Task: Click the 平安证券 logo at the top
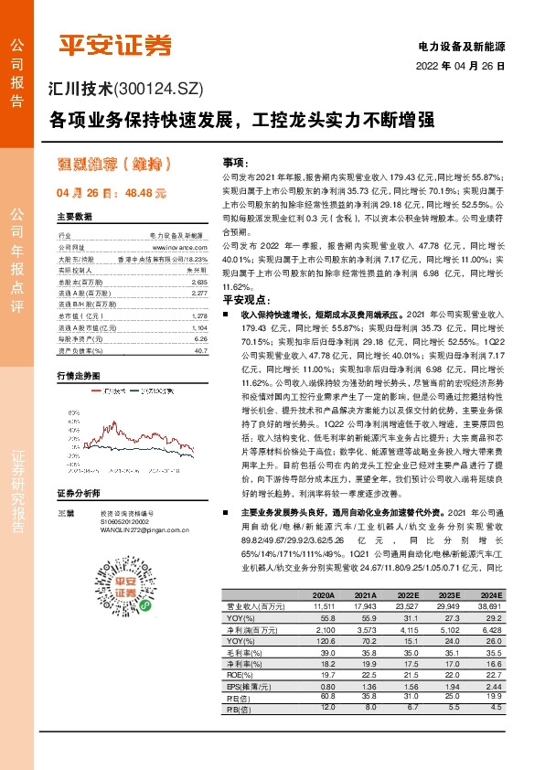115,44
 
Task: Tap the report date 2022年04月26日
461,67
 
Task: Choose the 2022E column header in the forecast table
406,595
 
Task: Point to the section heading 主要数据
75,217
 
